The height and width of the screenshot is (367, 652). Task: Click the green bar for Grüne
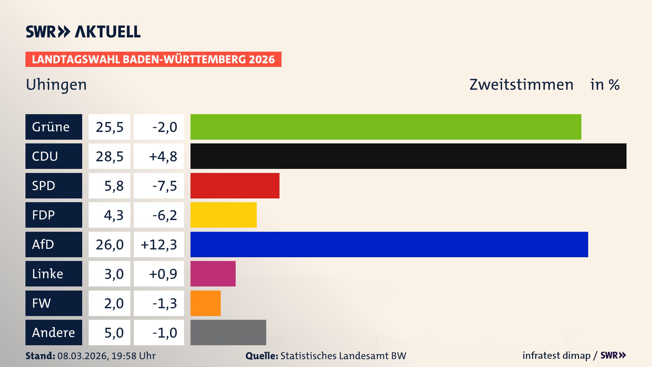click(x=386, y=127)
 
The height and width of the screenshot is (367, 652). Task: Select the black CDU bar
click(x=408, y=156)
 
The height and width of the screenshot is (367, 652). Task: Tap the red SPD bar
click(x=235, y=186)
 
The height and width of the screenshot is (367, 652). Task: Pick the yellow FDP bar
click(x=223, y=215)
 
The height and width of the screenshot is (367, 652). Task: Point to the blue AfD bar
click(x=389, y=245)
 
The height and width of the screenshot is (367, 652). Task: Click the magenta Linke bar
click(x=213, y=274)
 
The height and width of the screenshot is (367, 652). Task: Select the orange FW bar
click(x=205, y=303)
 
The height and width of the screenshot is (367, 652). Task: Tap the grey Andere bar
click(x=228, y=333)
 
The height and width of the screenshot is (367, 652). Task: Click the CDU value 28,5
click(x=109, y=157)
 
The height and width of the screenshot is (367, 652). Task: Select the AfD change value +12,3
click(x=159, y=245)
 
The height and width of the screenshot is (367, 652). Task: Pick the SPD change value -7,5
click(x=165, y=186)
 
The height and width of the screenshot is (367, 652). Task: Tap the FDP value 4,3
click(x=113, y=215)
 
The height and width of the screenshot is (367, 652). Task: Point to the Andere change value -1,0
click(x=165, y=333)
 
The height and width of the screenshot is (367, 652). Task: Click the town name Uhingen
click(x=56, y=85)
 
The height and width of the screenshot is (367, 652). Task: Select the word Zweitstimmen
click(x=521, y=85)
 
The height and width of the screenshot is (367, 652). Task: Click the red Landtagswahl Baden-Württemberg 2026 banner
click(x=153, y=59)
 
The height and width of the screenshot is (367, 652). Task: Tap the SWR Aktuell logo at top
click(x=83, y=32)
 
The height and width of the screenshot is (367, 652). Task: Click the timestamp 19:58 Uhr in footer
click(x=133, y=356)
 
